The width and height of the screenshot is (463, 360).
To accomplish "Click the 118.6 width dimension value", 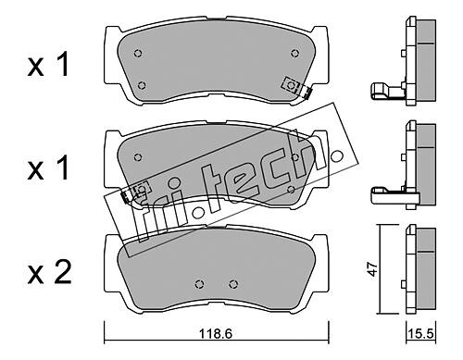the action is (216, 333).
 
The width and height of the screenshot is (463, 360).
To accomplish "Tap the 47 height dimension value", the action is (373, 269).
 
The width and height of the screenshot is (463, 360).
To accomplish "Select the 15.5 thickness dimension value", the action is (421, 333).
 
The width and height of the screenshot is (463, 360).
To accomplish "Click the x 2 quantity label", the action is (50, 272).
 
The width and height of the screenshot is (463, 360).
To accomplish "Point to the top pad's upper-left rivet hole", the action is (138, 53).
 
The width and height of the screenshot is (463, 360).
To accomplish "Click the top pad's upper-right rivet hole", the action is (295, 53).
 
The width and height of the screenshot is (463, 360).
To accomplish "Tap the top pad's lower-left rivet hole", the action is (142, 85).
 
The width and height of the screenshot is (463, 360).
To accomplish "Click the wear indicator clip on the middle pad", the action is (136, 192).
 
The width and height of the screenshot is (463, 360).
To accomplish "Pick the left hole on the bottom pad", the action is (200, 283).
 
